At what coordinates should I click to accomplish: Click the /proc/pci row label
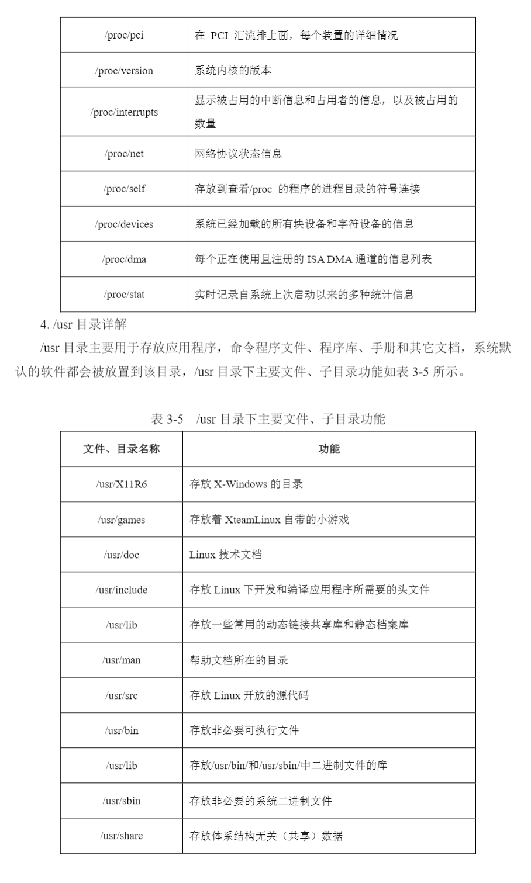click(x=124, y=36)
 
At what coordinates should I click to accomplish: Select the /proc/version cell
click(x=124, y=71)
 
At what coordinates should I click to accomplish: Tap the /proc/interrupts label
click(x=124, y=112)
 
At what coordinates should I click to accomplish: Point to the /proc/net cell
click(x=124, y=154)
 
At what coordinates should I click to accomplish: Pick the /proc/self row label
click(x=124, y=189)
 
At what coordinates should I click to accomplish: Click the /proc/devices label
click(x=124, y=224)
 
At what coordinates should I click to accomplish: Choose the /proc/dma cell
click(x=124, y=259)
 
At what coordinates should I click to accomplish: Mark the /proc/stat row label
click(x=124, y=295)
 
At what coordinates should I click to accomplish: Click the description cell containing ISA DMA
click(x=313, y=259)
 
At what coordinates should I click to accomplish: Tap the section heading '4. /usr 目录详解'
click(x=83, y=325)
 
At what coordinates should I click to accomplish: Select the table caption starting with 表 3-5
click(x=268, y=418)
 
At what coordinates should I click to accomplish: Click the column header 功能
click(x=329, y=449)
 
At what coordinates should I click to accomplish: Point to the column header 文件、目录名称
click(x=121, y=449)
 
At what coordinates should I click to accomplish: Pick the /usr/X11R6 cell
click(x=121, y=484)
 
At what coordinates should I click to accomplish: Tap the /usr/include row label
click(x=121, y=590)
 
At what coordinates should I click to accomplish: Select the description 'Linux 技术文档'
click(x=226, y=555)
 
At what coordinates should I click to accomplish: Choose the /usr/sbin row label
click(x=121, y=801)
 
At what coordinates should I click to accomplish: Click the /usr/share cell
click(x=121, y=836)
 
